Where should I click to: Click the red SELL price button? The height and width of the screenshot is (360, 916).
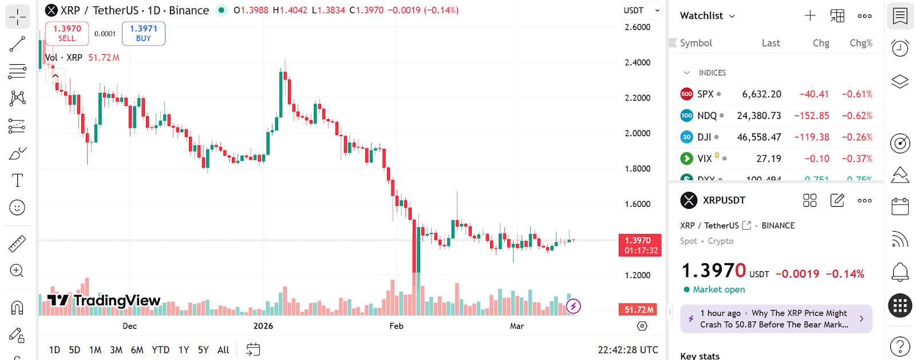[67, 33]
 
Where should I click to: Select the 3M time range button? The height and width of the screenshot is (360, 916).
[116, 350]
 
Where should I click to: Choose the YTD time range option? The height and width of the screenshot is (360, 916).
[160, 350]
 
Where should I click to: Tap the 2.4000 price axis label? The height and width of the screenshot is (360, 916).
[637, 62]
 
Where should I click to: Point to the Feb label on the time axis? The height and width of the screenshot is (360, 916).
[396, 326]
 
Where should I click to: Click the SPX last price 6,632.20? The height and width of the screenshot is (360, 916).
[761, 94]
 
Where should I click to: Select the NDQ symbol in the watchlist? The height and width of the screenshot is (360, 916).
[706, 116]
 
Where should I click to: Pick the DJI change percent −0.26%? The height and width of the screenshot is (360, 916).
[857, 137]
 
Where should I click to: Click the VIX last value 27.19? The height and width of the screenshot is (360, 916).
[768, 159]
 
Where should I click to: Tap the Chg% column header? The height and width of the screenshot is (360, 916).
[861, 43]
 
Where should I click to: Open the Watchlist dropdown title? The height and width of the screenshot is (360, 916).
[707, 16]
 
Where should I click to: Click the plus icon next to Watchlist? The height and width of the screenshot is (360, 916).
[810, 16]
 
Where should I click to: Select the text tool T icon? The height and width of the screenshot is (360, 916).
[17, 180]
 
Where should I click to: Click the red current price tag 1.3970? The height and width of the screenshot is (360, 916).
[640, 245]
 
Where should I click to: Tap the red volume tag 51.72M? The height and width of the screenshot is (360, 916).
[639, 310]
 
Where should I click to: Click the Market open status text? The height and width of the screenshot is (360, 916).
[718, 290]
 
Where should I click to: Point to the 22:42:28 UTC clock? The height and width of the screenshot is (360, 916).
[627, 350]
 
